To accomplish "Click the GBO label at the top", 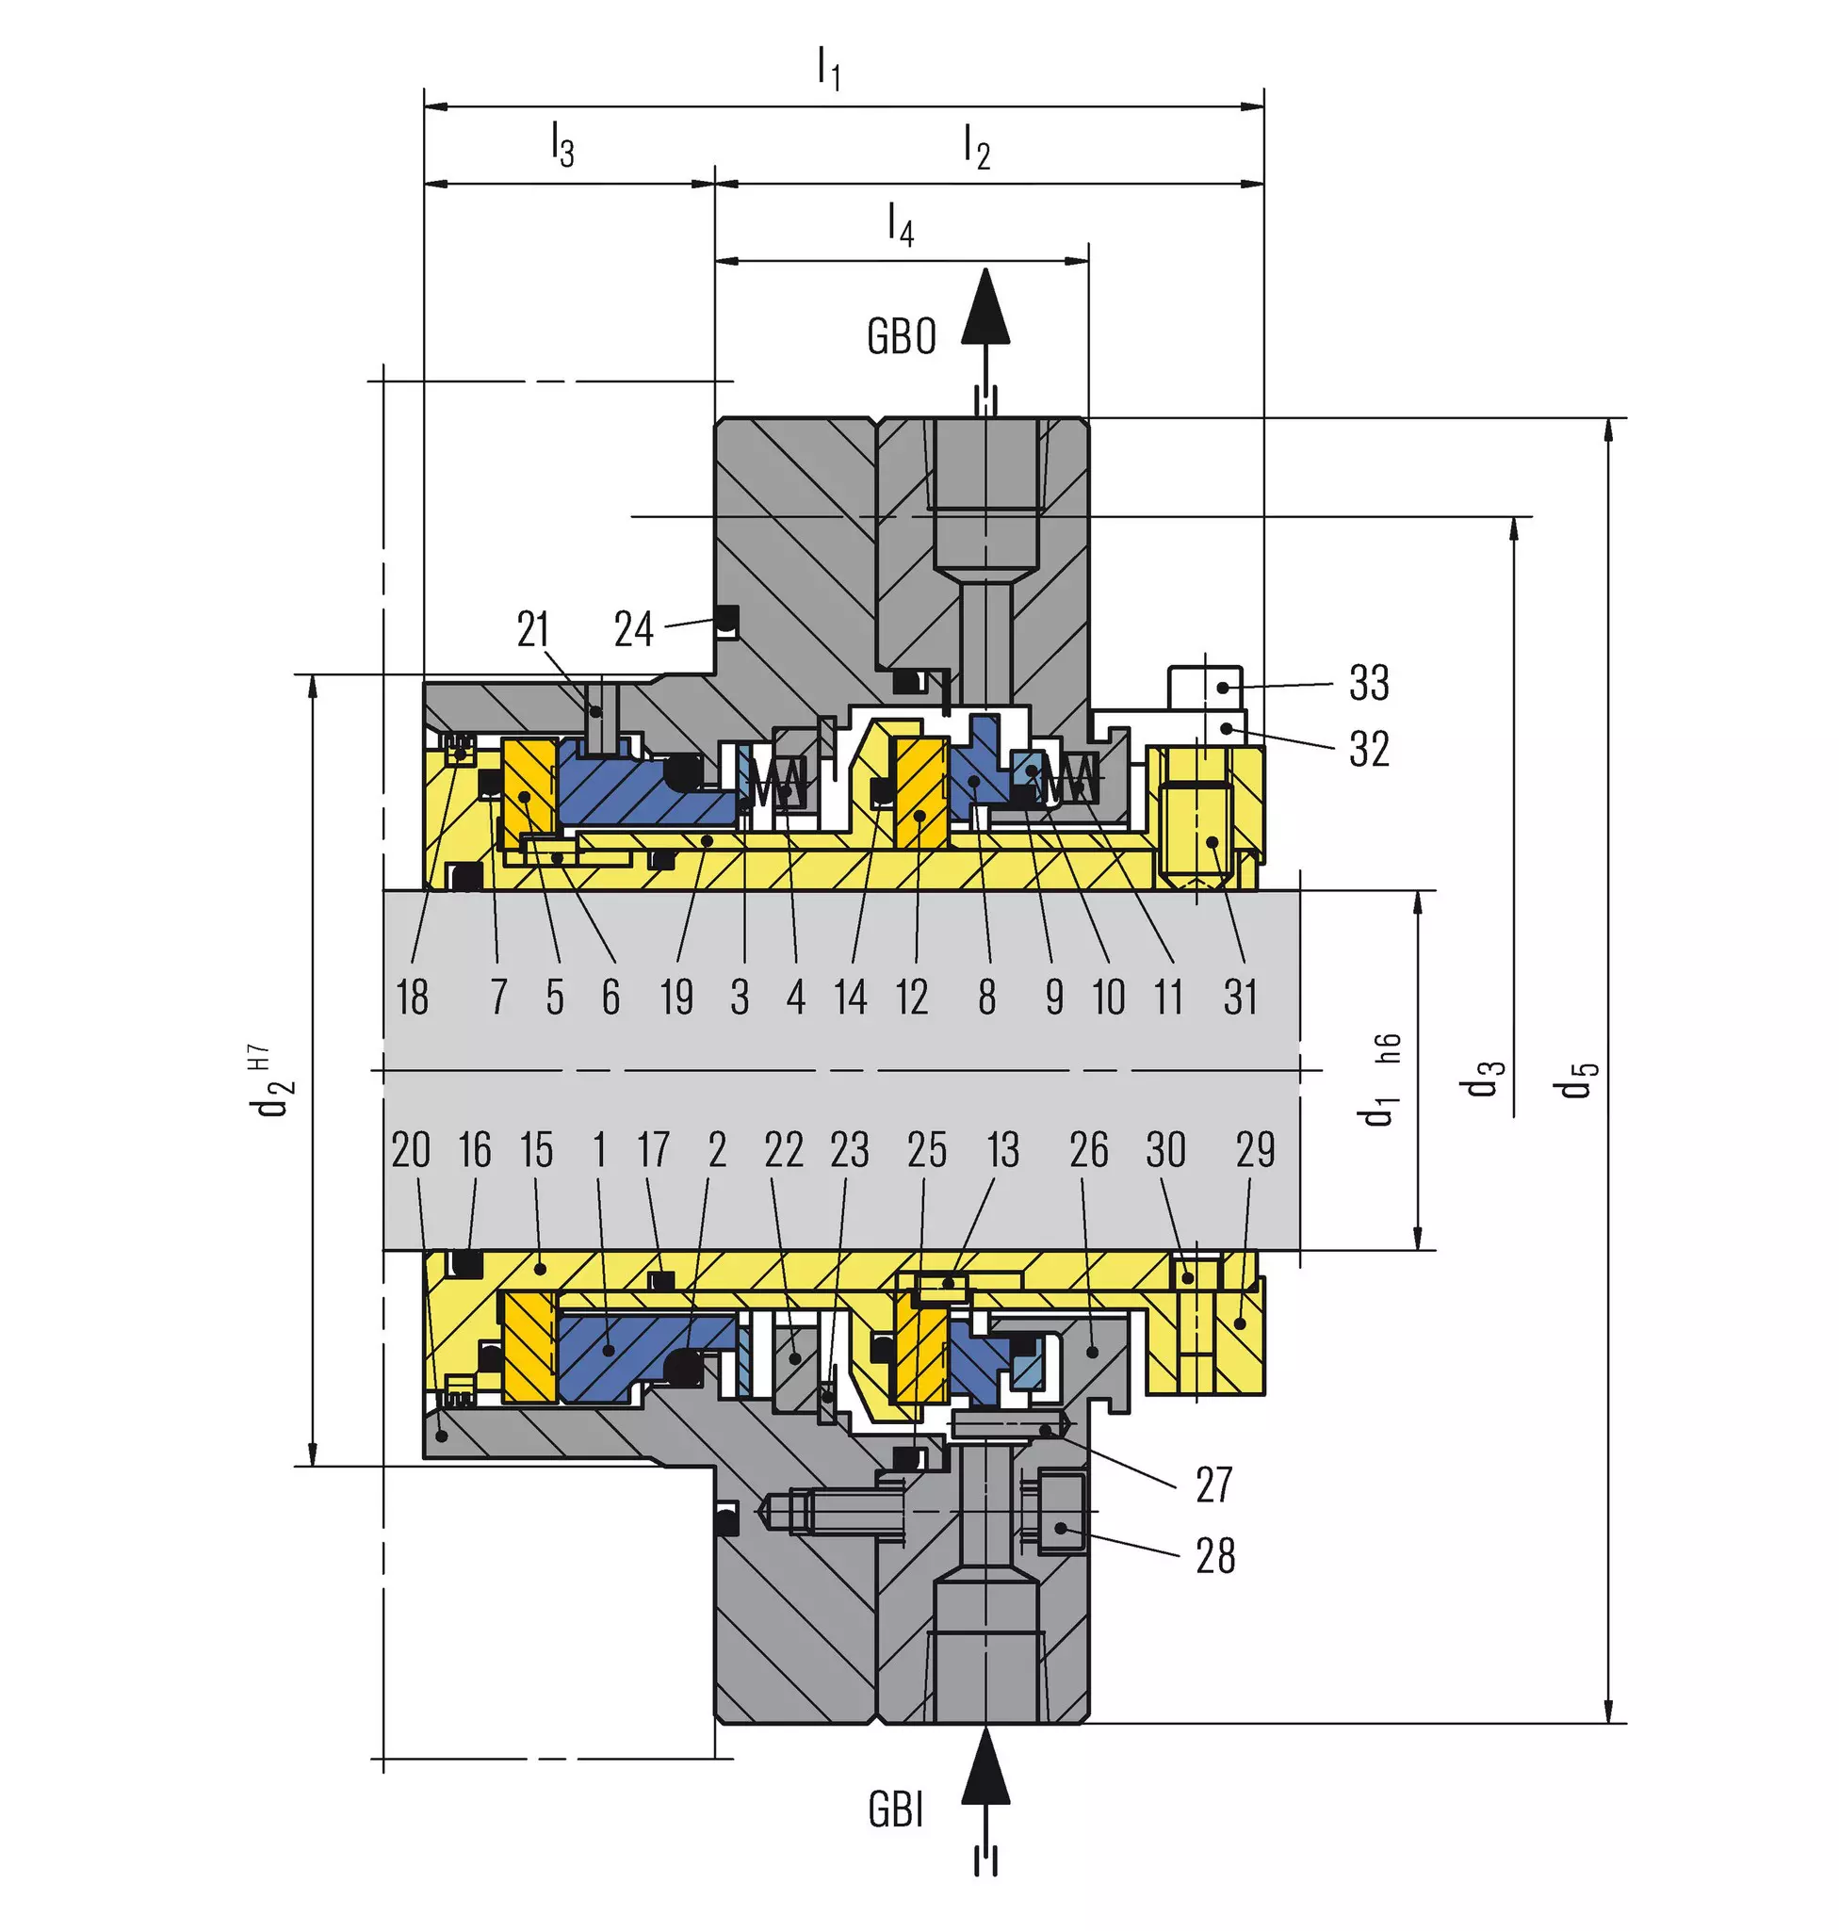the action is click(x=901, y=336).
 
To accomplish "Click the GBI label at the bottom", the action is click(x=896, y=1809).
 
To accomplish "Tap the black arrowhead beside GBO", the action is click(x=985, y=305).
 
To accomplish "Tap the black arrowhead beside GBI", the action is click(x=985, y=1765).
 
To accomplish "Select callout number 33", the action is click(x=1370, y=682).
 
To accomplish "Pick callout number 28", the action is click(x=1215, y=1555).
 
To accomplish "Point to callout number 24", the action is click(x=633, y=628).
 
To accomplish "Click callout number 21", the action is click(x=533, y=628).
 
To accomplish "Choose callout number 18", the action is click(x=413, y=997).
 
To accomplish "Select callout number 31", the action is click(x=1240, y=997).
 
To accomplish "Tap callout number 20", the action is click(x=411, y=1149).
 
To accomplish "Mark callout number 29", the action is click(x=1256, y=1149).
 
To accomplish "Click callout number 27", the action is click(x=1213, y=1485).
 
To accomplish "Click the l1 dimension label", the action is click(x=829, y=69).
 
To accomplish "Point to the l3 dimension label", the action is click(x=561, y=144).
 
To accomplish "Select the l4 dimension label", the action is click(x=900, y=223).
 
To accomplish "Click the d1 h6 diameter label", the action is click(x=1380, y=1080).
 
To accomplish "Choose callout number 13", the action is click(x=1002, y=1149).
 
